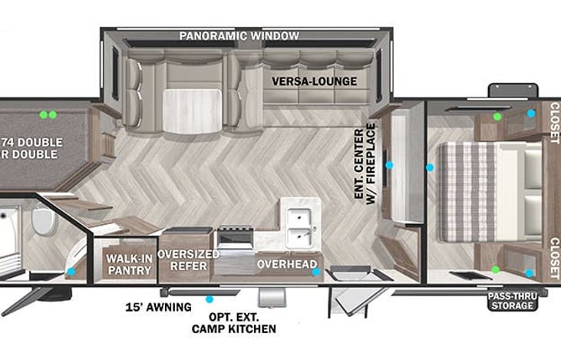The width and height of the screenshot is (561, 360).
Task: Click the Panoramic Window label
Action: [239, 36]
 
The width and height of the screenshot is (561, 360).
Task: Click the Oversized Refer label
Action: [184, 259]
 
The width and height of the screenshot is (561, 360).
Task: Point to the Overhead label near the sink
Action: [287, 265]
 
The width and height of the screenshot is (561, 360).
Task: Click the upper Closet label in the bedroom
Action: [554, 123]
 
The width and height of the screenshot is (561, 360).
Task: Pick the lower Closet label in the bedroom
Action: [554, 256]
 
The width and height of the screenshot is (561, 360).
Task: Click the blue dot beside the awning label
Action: [209, 298]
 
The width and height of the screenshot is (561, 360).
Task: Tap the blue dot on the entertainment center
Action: [389, 165]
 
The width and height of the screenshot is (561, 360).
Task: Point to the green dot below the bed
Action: [495, 269]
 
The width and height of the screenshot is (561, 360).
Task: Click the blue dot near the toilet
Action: [71, 272]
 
